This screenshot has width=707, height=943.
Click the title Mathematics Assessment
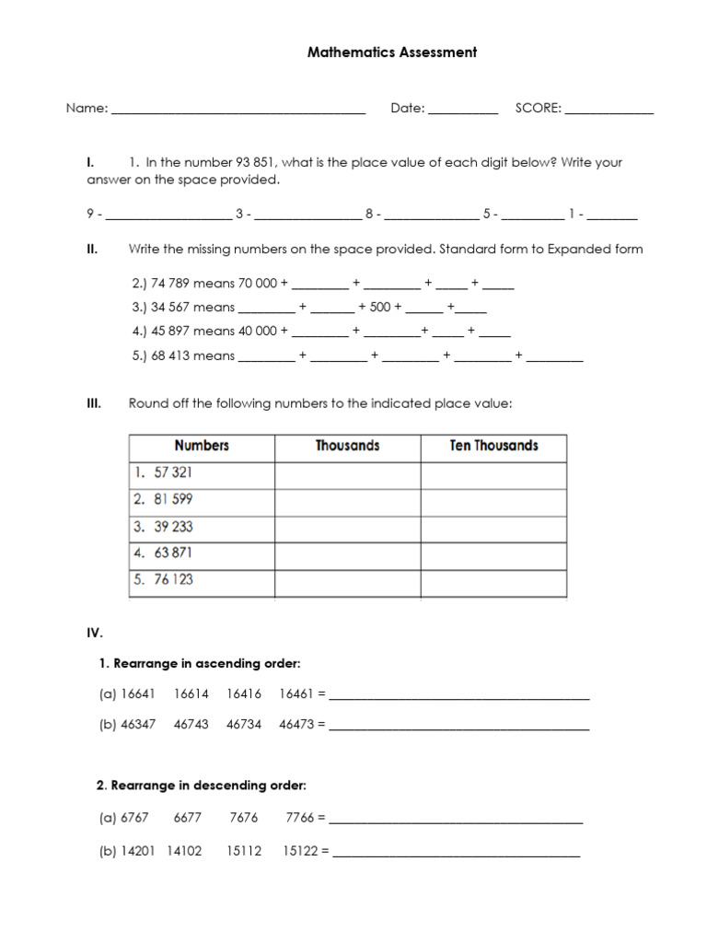pyautogui.click(x=391, y=52)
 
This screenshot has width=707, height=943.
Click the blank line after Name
pyautogui.click(x=238, y=111)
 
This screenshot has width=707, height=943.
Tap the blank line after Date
pyautogui.click(x=462, y=111)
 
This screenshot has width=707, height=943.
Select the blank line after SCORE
pyautogui.click(x=608, y=111)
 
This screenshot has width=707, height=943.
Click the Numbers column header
pyautogui.click(x=202, y=446)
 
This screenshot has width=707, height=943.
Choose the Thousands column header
pyautogui.click(x=347, y=446)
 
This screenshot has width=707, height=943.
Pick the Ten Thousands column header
pyautogui.click(x=493, y=446)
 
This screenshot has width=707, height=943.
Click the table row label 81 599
pyautogui.click(x=173, y=499)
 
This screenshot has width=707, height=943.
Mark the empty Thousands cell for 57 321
pyautogui.click(x=347, y=473)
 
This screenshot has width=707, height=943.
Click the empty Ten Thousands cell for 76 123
pyautogui.click(x=493, y=581)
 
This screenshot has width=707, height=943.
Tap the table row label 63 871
pyautogui.click(x=173, y=553)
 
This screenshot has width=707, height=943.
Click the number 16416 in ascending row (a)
pyautogui.click(x=244, y=695)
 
